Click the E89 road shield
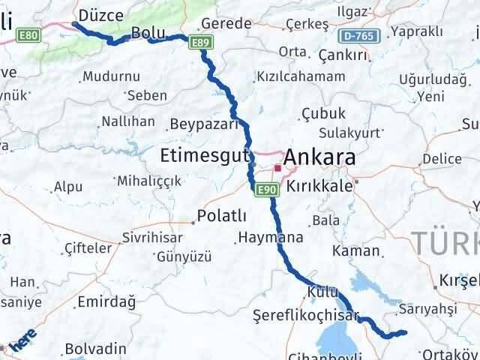(x=199, y=43)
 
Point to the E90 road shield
(x=265, y=190)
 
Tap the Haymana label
(x=271, y=238)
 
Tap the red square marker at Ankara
(x=277, y=169)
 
